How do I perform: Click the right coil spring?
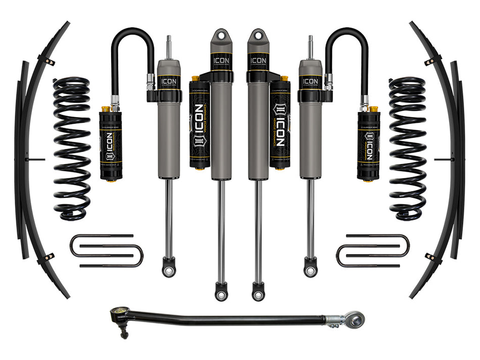[407, 149]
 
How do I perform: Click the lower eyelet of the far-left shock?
[168, 268]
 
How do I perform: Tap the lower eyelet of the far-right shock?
[311, 268]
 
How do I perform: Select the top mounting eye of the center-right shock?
[257, 37]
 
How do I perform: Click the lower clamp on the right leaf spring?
[430, 256]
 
